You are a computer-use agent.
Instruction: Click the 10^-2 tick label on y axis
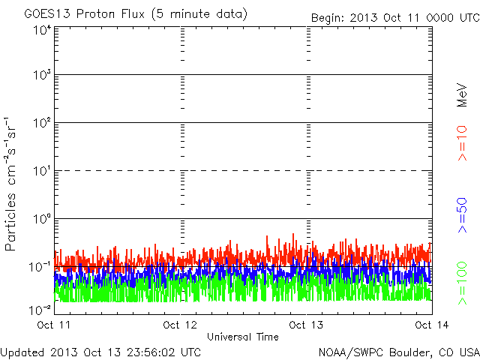point(41,309)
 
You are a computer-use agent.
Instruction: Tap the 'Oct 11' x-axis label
point(54,325)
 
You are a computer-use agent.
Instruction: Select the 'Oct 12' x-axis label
point(180,325)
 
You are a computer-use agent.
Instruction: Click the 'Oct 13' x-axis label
point(306,325)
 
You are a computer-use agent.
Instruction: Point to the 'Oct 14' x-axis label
point(428,325)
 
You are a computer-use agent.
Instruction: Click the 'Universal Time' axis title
point(242,337)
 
